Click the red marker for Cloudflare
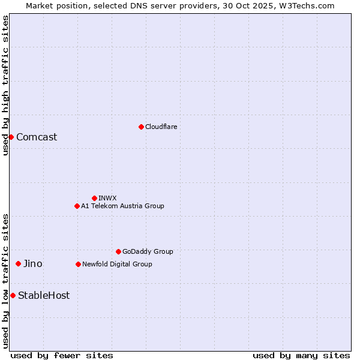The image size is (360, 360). (141, 127)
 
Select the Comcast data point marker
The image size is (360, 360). (11, 137)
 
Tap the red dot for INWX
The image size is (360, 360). (94, 198)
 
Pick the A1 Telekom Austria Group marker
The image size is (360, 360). (77, 206)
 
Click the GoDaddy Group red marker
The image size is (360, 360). (118, 251)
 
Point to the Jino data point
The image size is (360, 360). (18, 263)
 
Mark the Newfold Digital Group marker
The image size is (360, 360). (78, 264)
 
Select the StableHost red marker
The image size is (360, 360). (13, 295)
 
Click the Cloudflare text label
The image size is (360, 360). (161, 127)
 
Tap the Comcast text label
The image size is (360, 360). (37, 137)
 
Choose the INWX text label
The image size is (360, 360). (107, 198)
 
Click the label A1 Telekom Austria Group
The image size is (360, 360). (122, 206)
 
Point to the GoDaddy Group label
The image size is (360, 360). (148, 251)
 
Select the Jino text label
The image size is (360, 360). (33, 263)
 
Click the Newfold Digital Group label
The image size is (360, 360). (117, 264)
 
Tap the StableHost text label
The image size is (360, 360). (44, 295)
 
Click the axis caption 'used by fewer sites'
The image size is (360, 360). (62, 355)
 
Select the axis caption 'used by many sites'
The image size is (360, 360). (301, 355)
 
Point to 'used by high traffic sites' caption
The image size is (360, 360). (5, 85)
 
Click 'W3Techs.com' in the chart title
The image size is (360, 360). (305, 5)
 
